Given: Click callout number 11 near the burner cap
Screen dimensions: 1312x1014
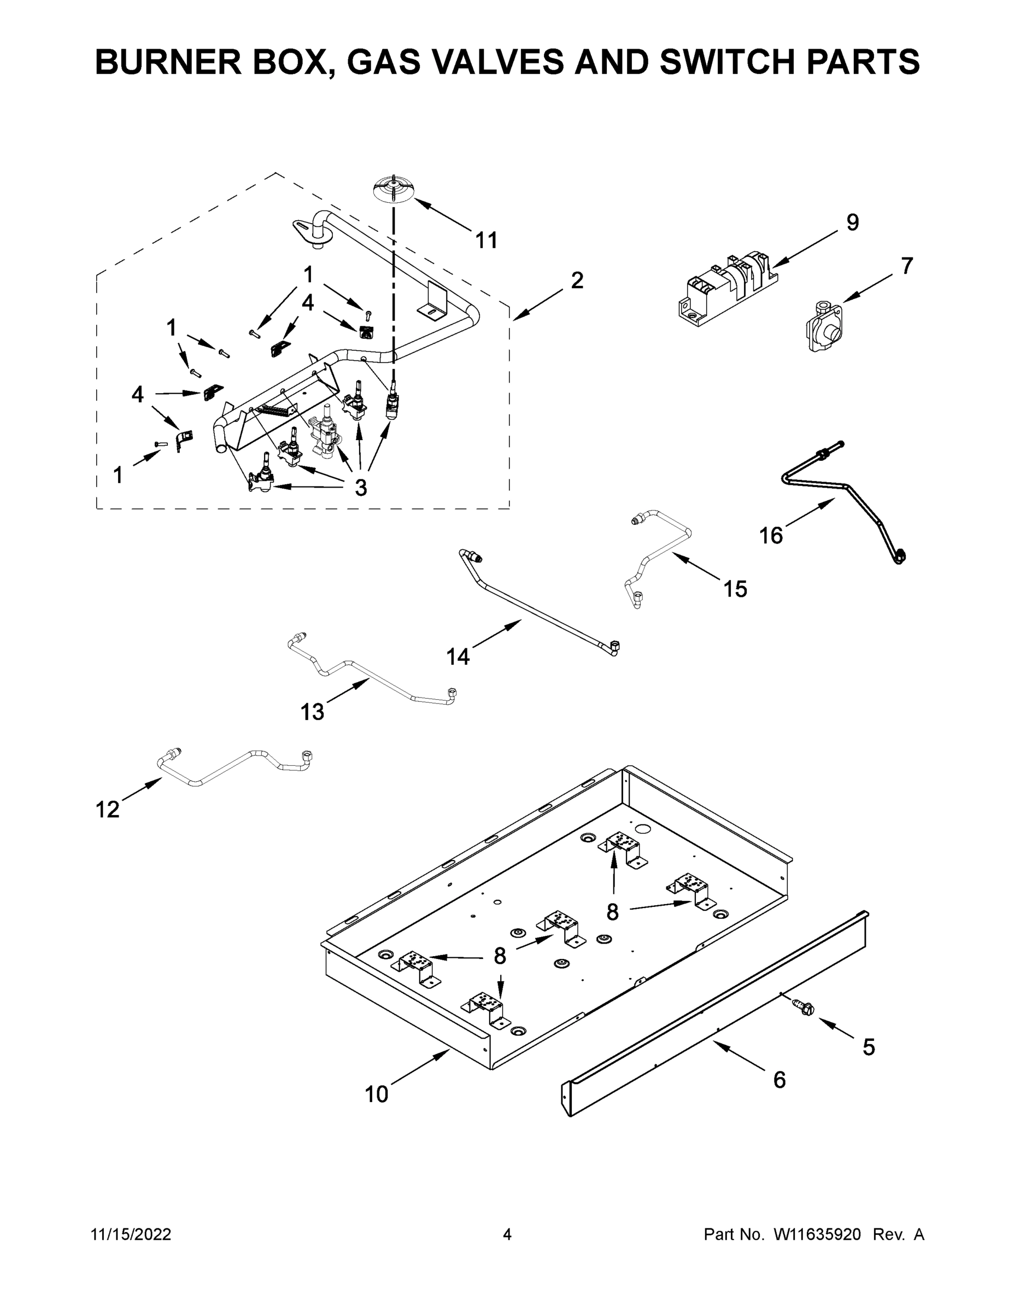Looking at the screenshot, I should [x=486, y=241].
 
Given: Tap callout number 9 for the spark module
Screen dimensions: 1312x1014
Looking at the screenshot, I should [x=852, y=222].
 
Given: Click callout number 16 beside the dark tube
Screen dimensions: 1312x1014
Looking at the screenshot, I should [x=771, y=535].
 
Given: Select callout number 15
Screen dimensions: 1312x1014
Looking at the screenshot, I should [x=735, y=589].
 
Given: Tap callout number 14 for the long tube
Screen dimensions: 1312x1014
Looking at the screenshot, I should [x=458, y=657].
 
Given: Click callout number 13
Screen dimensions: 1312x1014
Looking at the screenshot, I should [x=312, y=712].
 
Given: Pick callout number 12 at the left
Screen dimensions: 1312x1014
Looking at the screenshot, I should [x=108, y=810].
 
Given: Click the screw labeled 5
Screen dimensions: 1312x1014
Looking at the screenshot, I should [x=802, y=1007].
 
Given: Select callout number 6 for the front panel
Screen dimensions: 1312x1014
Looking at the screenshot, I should [x=779, y=1080].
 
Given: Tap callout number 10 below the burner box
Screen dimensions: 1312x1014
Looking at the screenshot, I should [x=377, y=1094].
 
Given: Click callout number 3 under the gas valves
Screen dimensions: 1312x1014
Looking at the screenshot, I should [x=360, y=488].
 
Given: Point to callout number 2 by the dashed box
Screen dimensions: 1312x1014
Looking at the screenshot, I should [x=577, y=280].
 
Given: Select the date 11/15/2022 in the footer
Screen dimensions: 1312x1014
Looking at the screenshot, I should [x=131, y=1234].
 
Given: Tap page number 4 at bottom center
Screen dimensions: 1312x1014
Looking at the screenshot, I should [x=507, y=1234].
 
